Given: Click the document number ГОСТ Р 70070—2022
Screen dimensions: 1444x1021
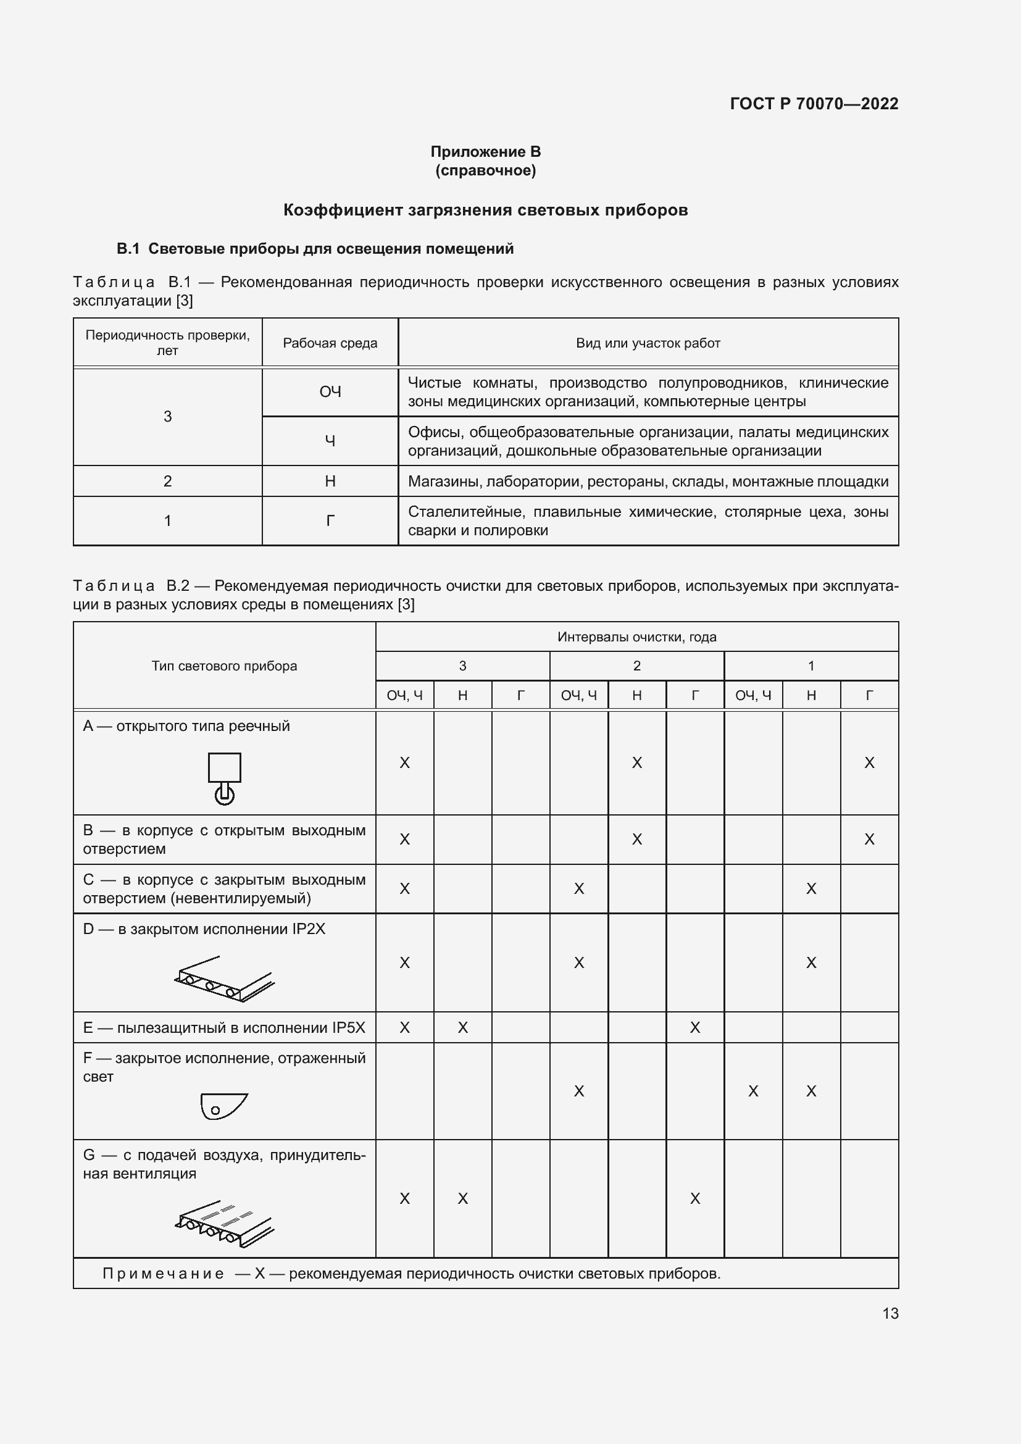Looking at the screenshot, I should [x=814, y=104].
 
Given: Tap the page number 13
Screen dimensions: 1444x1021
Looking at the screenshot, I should [x=890, y=1313].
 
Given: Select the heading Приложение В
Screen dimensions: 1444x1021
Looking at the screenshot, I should [x=485, y=152].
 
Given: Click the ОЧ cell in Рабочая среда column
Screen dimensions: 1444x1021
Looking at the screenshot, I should [x=330, y=392].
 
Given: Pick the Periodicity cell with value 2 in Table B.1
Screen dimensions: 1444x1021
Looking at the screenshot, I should [x=167, y=481].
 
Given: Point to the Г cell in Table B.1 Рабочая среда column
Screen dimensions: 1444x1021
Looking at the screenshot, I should [x=330, y=521].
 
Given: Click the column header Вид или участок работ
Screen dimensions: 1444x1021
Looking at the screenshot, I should [x=648, y=343].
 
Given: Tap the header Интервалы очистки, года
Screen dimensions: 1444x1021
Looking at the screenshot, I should [x=636, y=637].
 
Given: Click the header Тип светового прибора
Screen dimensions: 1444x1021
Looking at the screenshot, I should [x=224, y=666].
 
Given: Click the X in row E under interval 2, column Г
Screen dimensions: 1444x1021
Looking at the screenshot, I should [x=694, y=1028].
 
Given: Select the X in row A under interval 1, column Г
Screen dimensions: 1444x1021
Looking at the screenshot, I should [x=869, y=763].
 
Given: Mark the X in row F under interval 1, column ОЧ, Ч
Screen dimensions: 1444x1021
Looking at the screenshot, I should [x=752, y=1091].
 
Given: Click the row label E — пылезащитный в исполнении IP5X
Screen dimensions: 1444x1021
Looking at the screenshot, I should [x=224, y=1028].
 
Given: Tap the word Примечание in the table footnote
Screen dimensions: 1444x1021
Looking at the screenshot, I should [x=163, y=1274].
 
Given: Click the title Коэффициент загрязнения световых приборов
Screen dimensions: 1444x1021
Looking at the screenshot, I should [x=485, y=210].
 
